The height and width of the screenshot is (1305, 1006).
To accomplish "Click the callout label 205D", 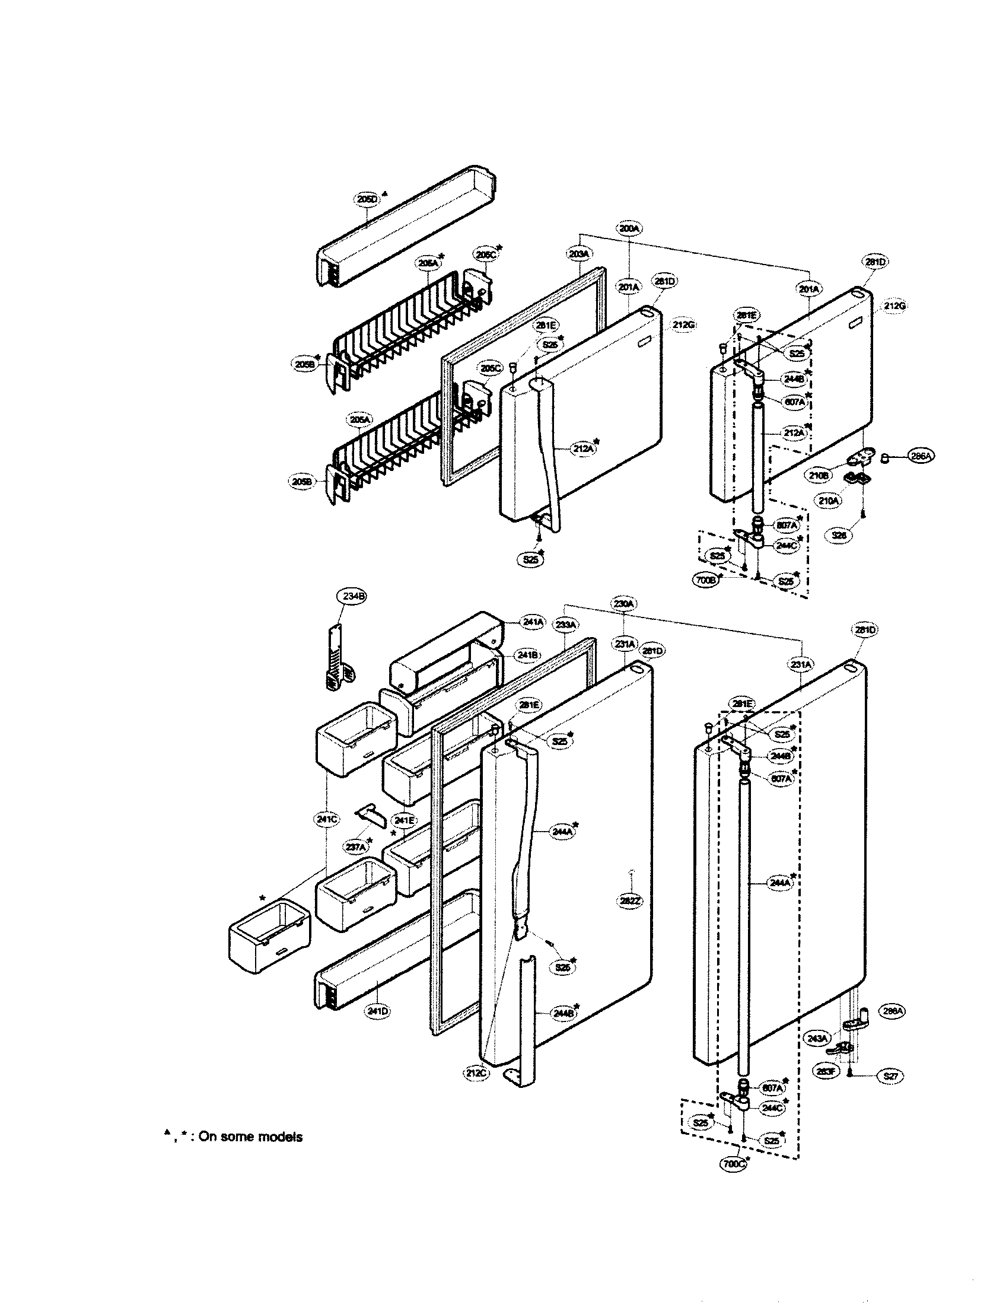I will (x=365, y=199).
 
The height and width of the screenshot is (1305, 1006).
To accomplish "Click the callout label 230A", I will (x=622, y=604).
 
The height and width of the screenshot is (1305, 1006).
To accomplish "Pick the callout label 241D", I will (x=378, y=1011).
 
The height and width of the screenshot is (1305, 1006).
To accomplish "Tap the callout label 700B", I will (x=706, y=579).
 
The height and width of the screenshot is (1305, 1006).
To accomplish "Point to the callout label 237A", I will (x=355, y=846).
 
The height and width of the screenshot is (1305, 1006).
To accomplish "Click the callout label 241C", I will (x=326, y=820).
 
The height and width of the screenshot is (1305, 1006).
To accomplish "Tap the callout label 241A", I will (x=533, y=622).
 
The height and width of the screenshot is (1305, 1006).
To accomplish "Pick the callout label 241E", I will (x=403, y=820).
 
